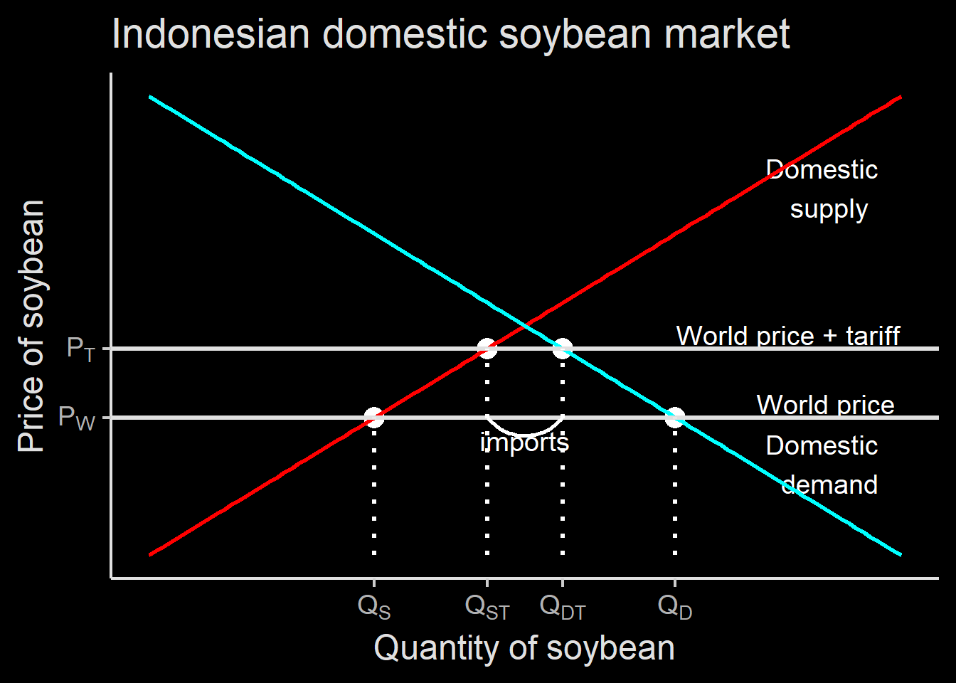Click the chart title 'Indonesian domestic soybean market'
click(x=451, y=34)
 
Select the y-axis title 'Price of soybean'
click(x=31, y=326)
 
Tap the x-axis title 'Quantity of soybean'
click(x=524, y=648)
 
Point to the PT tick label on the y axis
click(x=81, y=349)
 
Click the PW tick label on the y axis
click(x=77, y=418)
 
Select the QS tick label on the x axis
click(x=374, y=607)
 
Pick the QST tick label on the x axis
click(x=487, y=607)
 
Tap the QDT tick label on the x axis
click(x=563, y=607)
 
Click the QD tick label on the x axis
click(x=675, y=607)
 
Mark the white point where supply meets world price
click(x=374, y=418)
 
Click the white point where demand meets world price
click(x=675, y=418)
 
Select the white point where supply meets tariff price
click(x=487, y=349)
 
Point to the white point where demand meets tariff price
click(x=563, y=349)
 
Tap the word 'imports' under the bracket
click(x=524, y=443)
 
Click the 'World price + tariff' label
click(x=788, y=336)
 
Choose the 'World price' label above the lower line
click(x=825, y=405)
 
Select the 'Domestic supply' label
click(x=822, y=189)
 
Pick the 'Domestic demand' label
click(x=822, y=465)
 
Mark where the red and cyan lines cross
click(x=525, y=327)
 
